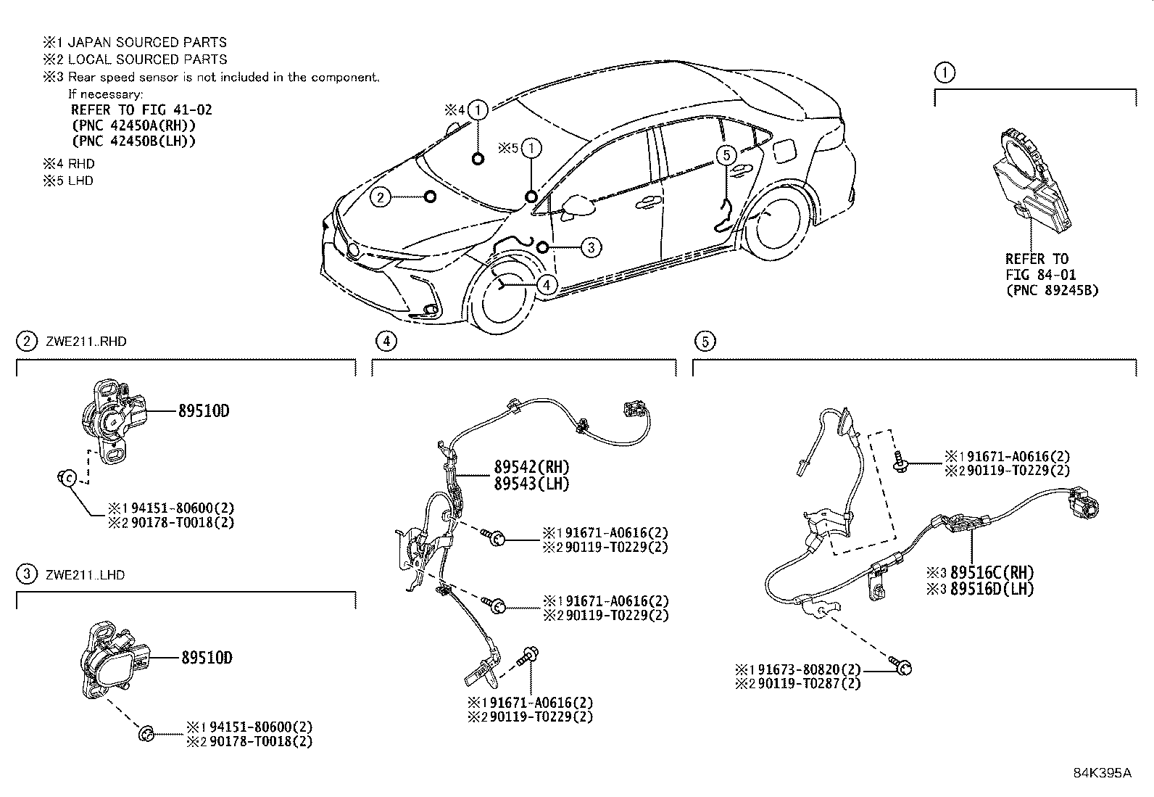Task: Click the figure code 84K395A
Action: click(x=1102, y=773)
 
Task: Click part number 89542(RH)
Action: click(x=531, y=468)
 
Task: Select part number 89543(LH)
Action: click(x=531, y=484)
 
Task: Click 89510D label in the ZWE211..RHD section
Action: click(x=204, y=411)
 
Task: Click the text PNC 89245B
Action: click(x=1051, y=291)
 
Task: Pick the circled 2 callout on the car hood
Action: click(x=381, y=197)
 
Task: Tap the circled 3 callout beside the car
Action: click(x=591, y=247)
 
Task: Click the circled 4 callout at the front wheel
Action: click(x=548, y=285)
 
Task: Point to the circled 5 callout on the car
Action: click(x=726, y=154)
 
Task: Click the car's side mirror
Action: click(x=577, y=205)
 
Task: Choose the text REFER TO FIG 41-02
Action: click(x=141, y=110)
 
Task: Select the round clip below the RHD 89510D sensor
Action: click(x=67, y=478)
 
